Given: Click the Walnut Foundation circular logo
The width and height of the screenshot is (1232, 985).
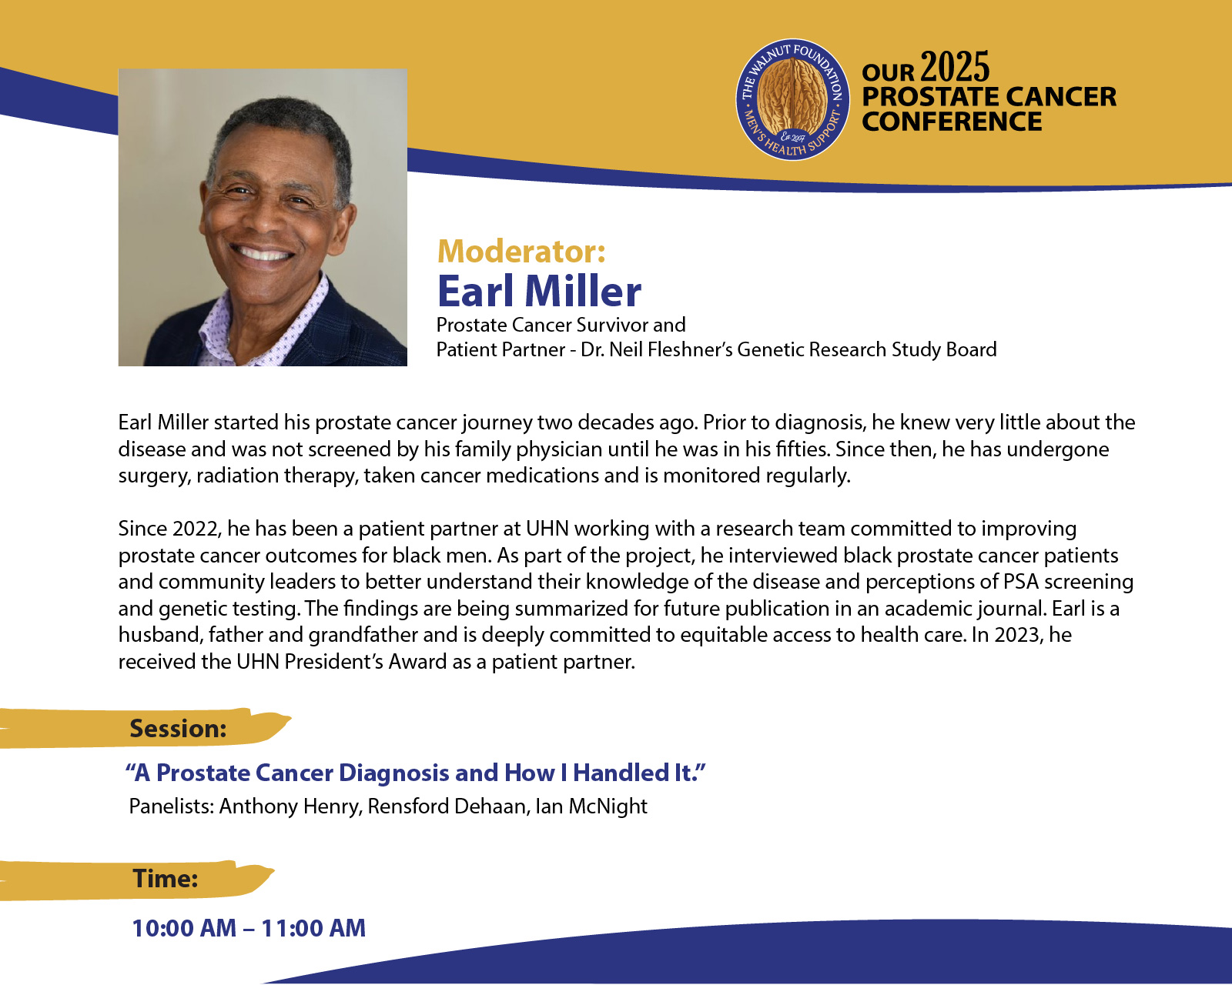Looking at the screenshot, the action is [x=792, y=100].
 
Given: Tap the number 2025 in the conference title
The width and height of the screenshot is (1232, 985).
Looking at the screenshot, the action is [x=955, y=68].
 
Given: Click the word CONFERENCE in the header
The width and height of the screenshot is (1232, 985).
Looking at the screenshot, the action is [x=952, y=122].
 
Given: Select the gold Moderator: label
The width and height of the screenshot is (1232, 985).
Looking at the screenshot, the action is [x=521, y=251].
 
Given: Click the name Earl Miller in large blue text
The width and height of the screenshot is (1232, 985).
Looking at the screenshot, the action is [x=539, y=291].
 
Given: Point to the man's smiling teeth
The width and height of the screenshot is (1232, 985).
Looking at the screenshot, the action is [x=263, y=252].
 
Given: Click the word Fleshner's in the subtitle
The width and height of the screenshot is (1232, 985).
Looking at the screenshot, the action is [x=689, y=349].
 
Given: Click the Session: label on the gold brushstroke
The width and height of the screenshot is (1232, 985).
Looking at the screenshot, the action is [x=178, y=729].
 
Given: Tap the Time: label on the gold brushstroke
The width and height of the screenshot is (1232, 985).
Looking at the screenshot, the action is [x=166, y=879].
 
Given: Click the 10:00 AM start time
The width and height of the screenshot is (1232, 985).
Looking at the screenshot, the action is [x=184, y=928].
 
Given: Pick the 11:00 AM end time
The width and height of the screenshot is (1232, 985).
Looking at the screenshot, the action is [x=313, y=928].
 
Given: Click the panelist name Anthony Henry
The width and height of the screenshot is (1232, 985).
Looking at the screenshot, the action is [x=291, y=806].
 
